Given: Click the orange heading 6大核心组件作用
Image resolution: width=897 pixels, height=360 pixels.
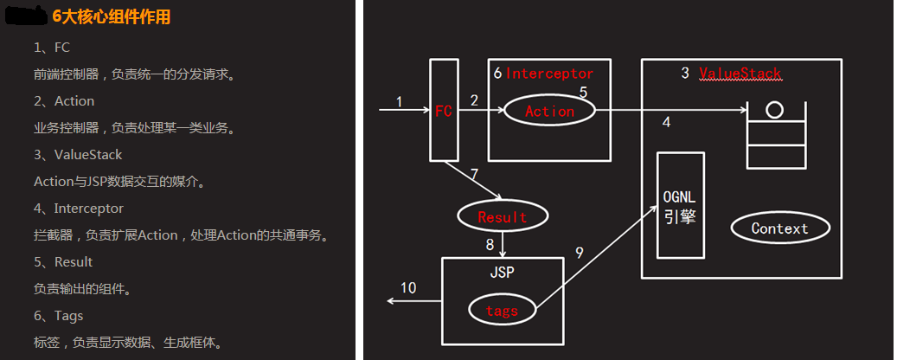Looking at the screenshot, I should tap(111, 16).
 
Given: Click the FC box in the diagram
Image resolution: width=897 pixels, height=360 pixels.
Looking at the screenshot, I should tap(444, 110).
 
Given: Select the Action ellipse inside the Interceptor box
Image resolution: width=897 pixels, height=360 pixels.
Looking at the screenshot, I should tap(549, 111).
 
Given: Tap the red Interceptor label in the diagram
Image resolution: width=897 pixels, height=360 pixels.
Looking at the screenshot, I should tap(549, 74).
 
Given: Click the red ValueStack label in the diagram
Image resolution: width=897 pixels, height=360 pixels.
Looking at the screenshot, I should tap(740, 74).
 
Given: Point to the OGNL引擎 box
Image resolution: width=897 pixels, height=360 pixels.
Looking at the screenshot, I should tap(680, 205).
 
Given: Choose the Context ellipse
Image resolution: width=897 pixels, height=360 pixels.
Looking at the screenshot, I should tap(779, 228).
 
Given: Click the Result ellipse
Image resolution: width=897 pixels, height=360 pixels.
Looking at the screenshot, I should tap(502, 216).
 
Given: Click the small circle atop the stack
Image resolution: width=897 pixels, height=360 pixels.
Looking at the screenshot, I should tap(774, 110).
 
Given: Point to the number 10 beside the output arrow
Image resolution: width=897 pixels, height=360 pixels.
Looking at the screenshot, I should tap(408, 287).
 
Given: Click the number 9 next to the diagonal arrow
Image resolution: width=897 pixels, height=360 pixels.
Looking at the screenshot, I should tap(580, 253).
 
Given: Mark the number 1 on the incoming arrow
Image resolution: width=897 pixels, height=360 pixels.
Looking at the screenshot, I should tap(399, 101).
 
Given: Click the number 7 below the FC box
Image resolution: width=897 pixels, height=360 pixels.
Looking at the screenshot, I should tap(474, 173).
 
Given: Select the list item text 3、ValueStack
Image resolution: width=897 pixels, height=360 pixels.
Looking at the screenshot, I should tap(78, 155).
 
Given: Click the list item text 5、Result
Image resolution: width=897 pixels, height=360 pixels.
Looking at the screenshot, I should tap(62, 262).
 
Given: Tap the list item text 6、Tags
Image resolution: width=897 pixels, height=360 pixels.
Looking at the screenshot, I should tap(58, 316).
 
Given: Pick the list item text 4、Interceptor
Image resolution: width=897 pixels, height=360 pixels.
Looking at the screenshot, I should tap(78, 209).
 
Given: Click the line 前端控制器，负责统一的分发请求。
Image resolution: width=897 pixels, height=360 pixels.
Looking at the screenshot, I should tap(134, 74).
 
